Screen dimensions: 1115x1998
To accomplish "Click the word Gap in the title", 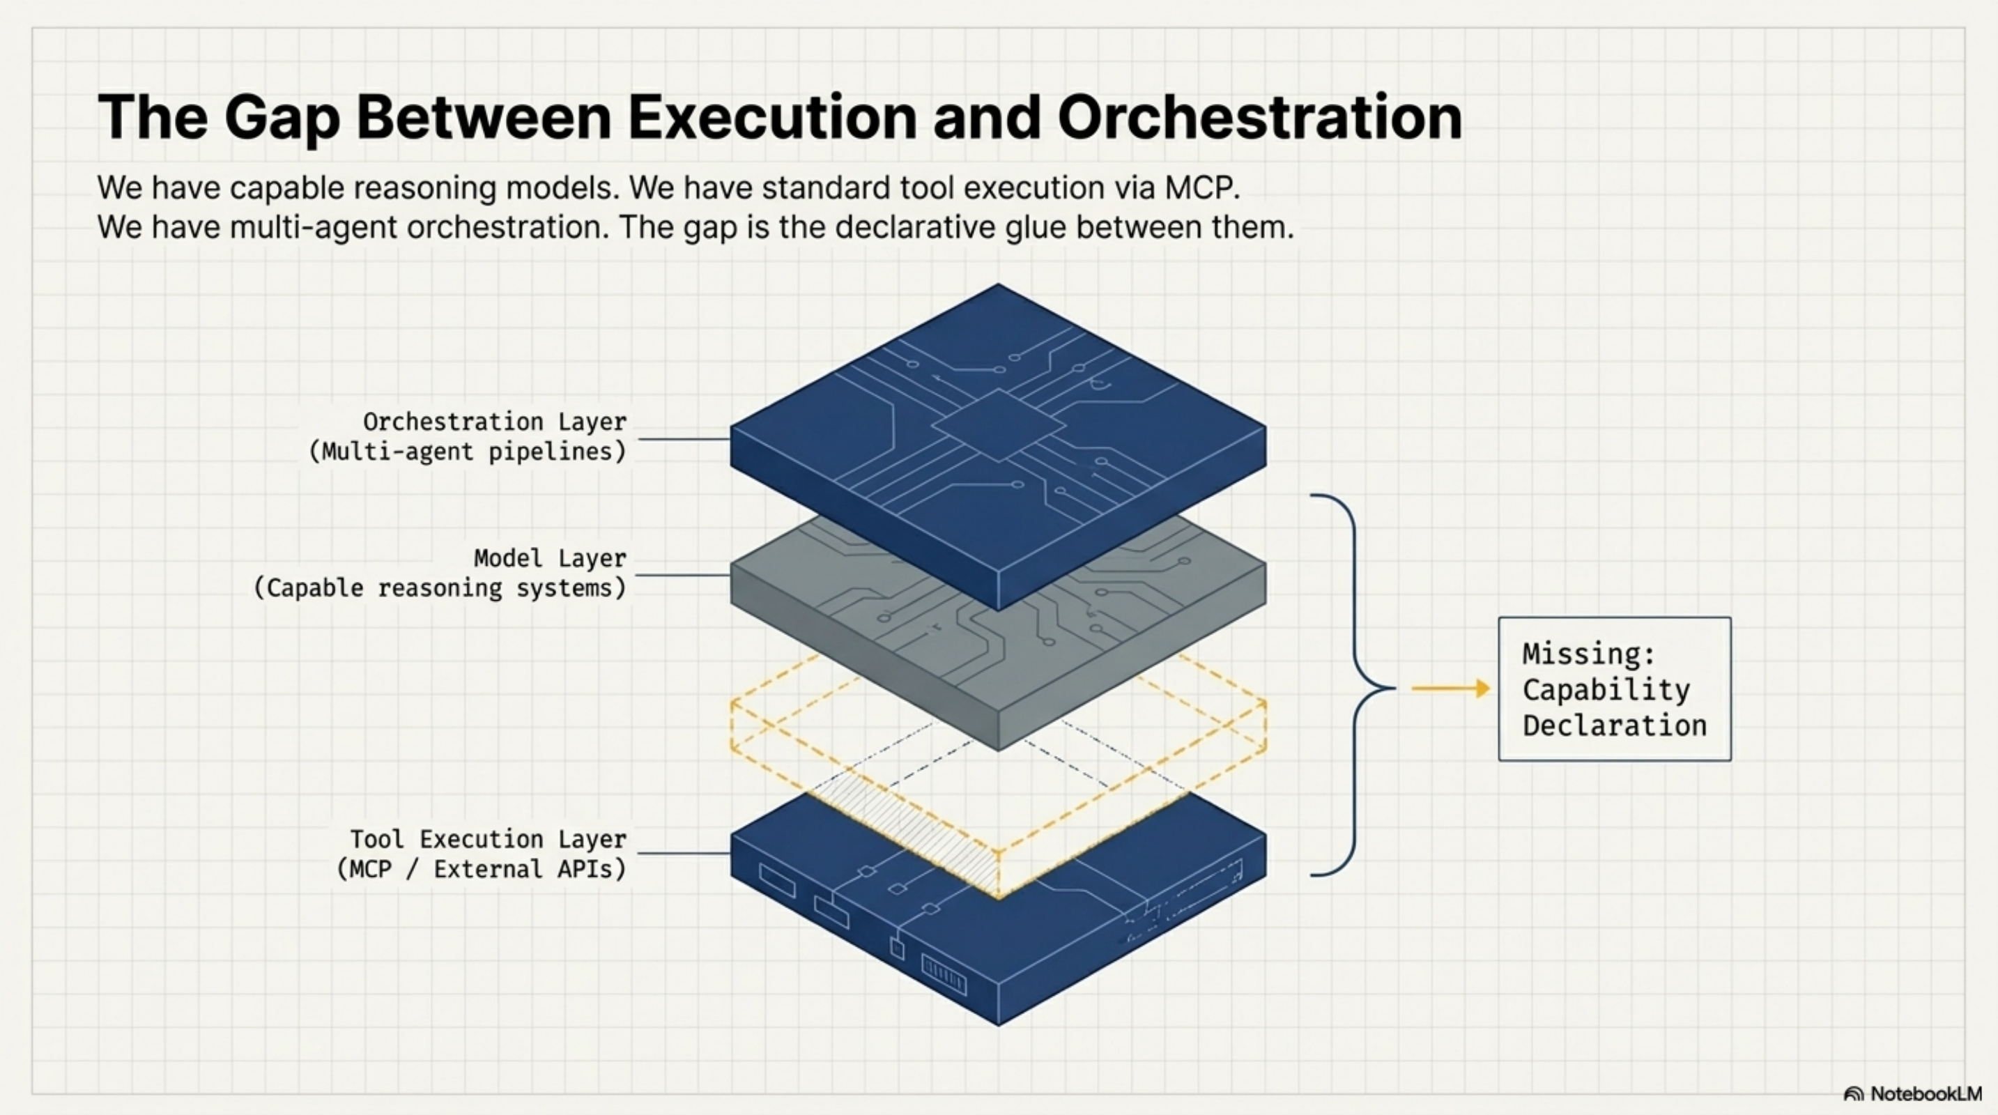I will (x=282, y=118).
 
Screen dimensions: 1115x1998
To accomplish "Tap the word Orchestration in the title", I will (x=1259, y=118).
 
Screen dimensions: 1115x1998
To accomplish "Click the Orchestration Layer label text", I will (x=494, y=422).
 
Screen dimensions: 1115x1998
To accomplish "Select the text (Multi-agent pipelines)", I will (x=467, y=452).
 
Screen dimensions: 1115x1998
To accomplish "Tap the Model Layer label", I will (x=549, y=558).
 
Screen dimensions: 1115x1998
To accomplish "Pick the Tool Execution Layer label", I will (x=488, y=839).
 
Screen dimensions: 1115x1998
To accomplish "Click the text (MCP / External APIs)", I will (x=481, y=869).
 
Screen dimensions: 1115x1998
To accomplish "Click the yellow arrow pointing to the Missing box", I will (x=1449, y=689).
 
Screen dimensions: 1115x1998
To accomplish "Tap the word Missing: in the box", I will (x=1588, y=654).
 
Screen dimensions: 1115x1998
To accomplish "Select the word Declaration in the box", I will (x=1614, y=725).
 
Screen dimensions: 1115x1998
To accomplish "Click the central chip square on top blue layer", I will (x=998, y=425).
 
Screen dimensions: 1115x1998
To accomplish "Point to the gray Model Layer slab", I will (x=869, y=644).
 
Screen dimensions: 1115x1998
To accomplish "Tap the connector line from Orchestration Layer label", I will (x=682, y=440).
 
